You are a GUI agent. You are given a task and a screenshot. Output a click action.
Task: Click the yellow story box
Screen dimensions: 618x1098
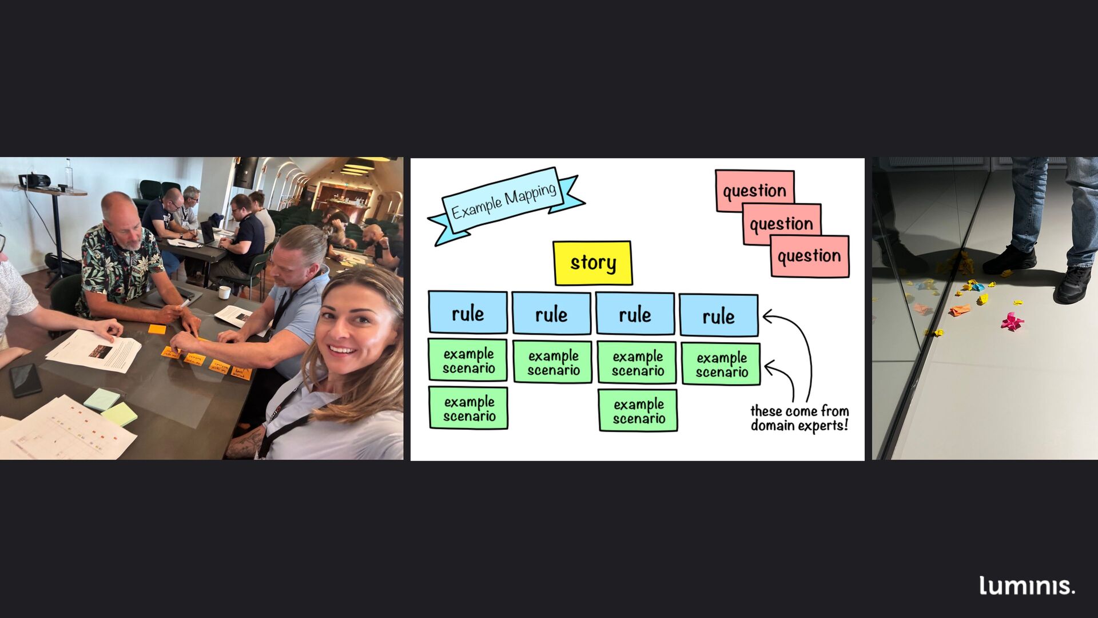[592, 263]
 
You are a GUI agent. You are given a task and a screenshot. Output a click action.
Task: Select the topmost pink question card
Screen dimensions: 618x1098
[754, 189]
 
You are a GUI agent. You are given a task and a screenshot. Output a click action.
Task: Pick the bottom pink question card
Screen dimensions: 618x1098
[809, 257]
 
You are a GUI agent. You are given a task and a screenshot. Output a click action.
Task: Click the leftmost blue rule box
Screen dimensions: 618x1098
[468, 312]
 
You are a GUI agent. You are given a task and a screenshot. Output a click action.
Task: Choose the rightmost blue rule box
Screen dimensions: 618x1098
[718, 315]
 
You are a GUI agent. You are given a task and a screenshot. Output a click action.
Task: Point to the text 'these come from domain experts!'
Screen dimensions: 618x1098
[799, 418]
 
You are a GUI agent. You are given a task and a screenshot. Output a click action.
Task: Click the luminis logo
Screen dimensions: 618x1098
[1027, 585]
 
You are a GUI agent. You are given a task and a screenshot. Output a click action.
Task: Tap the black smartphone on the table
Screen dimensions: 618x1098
[26, 379]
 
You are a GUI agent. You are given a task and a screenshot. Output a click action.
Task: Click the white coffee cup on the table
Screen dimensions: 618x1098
[225, 292]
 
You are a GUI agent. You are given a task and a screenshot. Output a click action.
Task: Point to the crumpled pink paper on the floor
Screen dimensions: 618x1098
[1012, 322]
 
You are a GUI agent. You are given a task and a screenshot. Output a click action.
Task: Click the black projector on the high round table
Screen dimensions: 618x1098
[34, 181]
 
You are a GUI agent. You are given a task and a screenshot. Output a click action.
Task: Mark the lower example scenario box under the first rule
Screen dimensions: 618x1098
[468, 408]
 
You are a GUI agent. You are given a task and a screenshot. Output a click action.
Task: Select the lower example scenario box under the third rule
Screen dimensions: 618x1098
[638, 410]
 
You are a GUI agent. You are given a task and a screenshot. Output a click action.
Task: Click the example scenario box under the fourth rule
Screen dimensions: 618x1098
[721, 364]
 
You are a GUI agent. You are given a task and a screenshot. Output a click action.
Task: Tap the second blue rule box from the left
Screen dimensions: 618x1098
[551, 313]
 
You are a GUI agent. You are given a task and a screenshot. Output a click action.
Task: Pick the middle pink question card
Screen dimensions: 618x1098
[781, 224]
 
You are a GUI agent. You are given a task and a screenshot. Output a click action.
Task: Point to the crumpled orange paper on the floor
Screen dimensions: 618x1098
[960, 310]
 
